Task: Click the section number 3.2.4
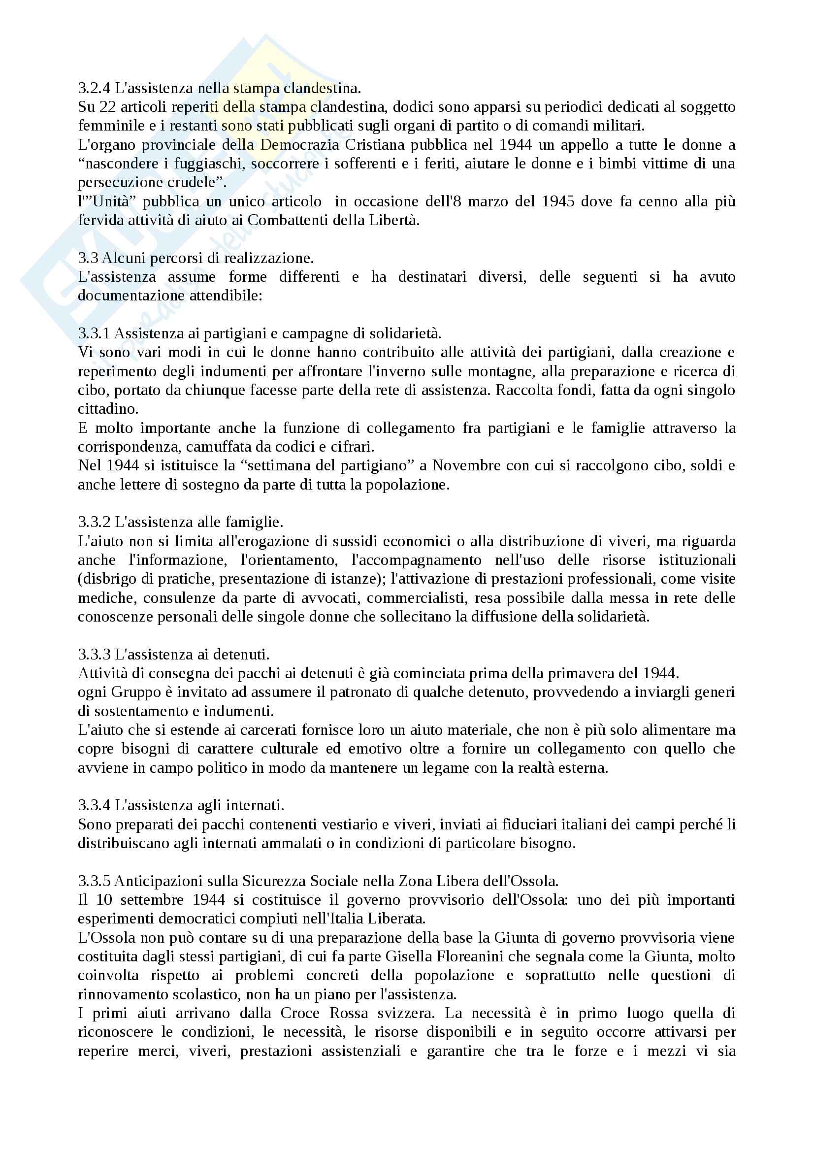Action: click(94, 88)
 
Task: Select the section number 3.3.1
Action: click(94, 333)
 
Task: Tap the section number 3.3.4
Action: click(94, 805)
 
